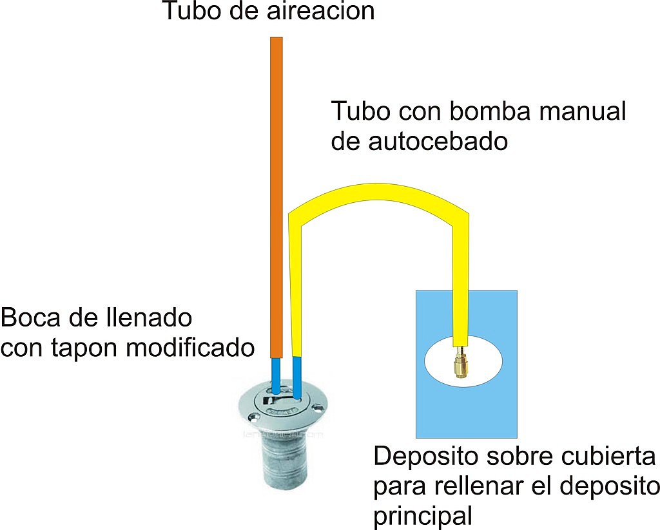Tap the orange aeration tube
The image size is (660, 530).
click(x=276, y=198)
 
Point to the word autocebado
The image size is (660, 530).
click(x=438, y=141)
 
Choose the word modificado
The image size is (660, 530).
click(x=190, y=348)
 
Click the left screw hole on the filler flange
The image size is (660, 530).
click(x=253, y=417)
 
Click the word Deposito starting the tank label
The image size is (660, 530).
click(x=425, y=457)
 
